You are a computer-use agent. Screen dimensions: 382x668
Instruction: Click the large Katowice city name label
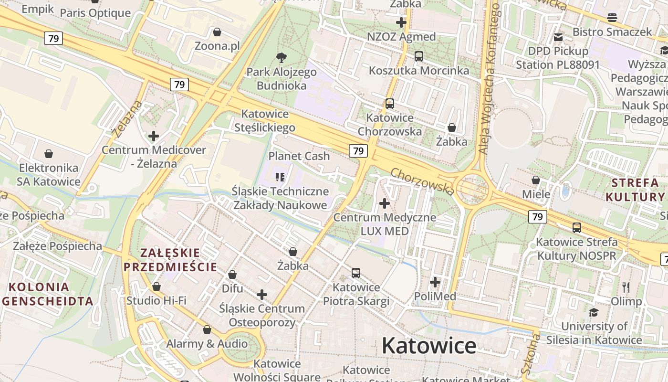[x=428, y=346]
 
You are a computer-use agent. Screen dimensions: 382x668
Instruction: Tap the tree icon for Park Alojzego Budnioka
[x=282, y=58]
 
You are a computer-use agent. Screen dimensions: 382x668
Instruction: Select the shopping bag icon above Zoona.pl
[x=217, y=32]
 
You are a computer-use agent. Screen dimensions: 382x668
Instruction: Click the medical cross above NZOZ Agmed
[x=401, y=22]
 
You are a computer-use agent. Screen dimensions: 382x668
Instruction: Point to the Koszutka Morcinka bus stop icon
[x=419, y=56]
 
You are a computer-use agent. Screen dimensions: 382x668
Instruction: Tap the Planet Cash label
[x=299, y=156]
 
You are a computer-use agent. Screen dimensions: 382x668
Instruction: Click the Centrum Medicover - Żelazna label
[x=154, y=157]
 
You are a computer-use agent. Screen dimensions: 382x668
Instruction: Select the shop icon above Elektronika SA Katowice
[x=49, y=154]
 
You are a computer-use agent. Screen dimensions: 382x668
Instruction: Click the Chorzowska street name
[x=422, y=181]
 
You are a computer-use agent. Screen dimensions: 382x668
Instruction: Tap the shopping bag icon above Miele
[x=536, y=180]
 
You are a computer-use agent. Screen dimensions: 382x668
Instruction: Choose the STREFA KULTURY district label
[x=635, y=190]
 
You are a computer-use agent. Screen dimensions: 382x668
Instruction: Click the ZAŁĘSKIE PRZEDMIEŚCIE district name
[x=170, y=260]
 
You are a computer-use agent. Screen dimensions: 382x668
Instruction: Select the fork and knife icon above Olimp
[x=626, y=287]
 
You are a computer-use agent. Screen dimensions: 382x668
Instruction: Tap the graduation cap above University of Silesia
[x=594, y=312]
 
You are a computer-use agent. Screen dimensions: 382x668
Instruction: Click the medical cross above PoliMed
[x=435, y=282]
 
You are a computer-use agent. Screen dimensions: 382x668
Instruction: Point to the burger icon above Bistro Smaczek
[x=612, y=18]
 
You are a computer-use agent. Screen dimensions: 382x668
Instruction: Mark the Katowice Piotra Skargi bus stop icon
[x=356, y=273]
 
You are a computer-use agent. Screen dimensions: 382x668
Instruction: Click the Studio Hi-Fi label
[x=156, y=301]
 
